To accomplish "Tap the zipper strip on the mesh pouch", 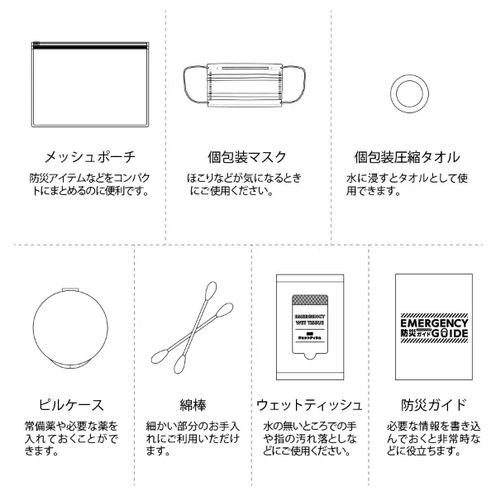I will pyautogui.click(x=83, y=45).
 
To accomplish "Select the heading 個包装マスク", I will pyautogui.click(x=248, y=157).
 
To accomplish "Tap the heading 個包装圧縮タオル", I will pyautogui.click(x=407, y=157).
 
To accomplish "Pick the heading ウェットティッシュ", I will pyautogui.click(x=309, y=404).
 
